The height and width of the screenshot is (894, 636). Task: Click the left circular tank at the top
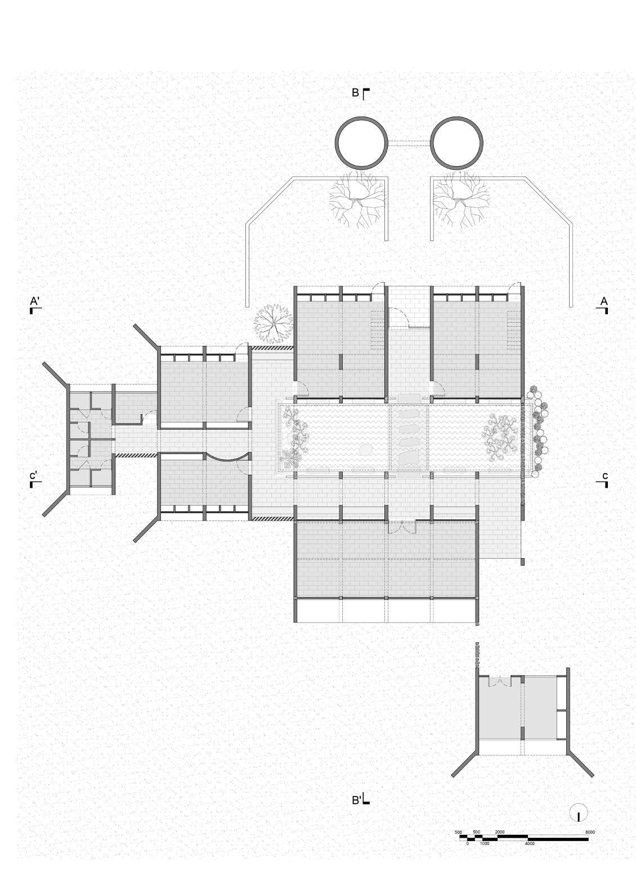click(x=361, y=143)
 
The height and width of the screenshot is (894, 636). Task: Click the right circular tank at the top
click(x=457, y=143)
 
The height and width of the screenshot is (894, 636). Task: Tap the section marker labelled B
click(x=360, y=94)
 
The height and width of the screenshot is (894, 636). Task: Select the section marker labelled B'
click(x=360, y=799)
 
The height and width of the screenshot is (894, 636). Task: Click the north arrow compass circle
click(x=578, y=813)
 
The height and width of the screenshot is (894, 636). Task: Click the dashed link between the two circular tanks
click(x=409, y=144)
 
